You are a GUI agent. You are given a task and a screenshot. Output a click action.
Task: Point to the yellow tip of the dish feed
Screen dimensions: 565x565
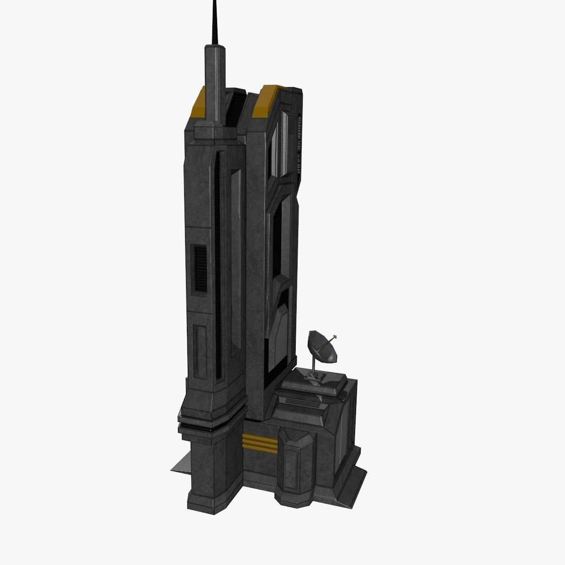pos(335,336)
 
